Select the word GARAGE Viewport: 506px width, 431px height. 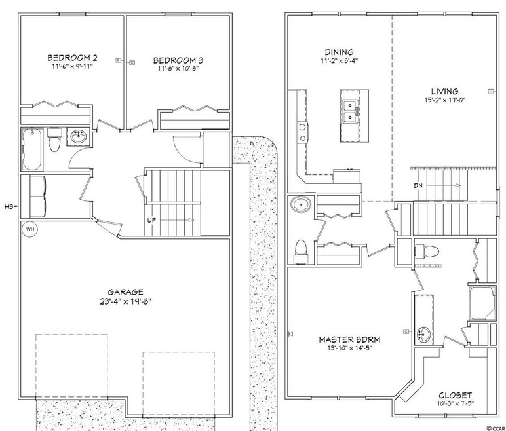coord(126,291)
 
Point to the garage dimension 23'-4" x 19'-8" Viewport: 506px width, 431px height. coord(126,302)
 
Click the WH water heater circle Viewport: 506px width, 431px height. coord(29,229)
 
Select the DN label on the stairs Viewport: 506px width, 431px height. coord(418,185)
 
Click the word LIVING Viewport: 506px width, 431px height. coord(444,91)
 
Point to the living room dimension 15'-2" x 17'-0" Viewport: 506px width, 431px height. coord(444,101)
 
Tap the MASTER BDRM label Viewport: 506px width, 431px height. coord(350,339)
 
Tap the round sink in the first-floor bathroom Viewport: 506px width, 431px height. coord(79,138)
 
